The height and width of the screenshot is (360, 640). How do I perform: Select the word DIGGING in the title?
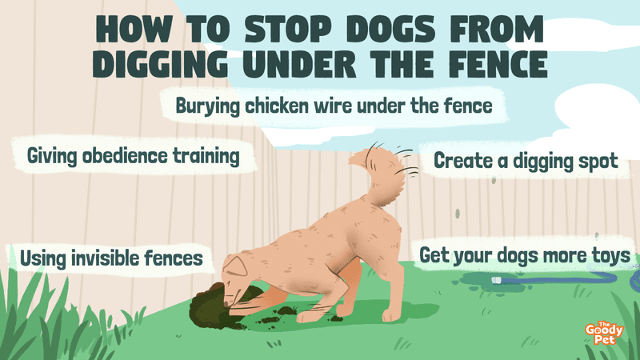[x=159, y=65]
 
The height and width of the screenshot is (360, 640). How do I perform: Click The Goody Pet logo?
[x=604, y=334]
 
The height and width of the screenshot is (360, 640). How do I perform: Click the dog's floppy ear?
[x=234, y=266]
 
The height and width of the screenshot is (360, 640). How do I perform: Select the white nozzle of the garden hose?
[x=497, y=280]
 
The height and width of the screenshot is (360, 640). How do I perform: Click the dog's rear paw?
[x=391, y=315]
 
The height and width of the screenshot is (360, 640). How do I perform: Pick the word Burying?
[x=207, y=106]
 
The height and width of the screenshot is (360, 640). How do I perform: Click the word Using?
[x=43, y=258]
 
